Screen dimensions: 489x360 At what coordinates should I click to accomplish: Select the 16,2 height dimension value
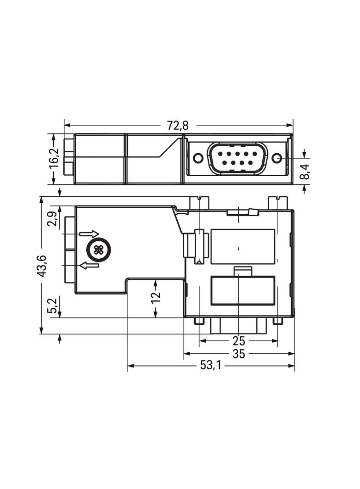(x=54, y=159)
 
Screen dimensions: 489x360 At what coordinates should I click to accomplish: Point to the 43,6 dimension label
(x=42, y=266)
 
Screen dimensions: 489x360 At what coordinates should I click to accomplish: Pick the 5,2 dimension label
(x=53, y=306)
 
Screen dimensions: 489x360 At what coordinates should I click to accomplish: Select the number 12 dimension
(x=156, y=297)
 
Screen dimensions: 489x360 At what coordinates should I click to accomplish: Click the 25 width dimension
(x=239, y=341)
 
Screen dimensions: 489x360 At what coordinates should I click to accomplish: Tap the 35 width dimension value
(x=239, y=354)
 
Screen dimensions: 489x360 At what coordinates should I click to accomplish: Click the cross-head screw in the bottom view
(x=98, y=250)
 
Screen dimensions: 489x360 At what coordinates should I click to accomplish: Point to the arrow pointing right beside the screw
(x=89, y=234)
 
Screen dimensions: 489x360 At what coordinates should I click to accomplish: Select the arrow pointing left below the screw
(x=89, y=265)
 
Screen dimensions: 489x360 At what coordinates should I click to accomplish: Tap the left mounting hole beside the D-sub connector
(x=198, y=158)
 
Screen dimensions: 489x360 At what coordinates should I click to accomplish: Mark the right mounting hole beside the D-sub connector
(x=276, y=158)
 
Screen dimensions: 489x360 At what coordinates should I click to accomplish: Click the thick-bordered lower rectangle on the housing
(x=243, y=290)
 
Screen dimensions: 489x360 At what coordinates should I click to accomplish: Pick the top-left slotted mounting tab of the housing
(x=199, y=202)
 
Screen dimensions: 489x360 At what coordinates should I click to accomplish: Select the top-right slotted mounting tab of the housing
(x=278, y=202)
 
